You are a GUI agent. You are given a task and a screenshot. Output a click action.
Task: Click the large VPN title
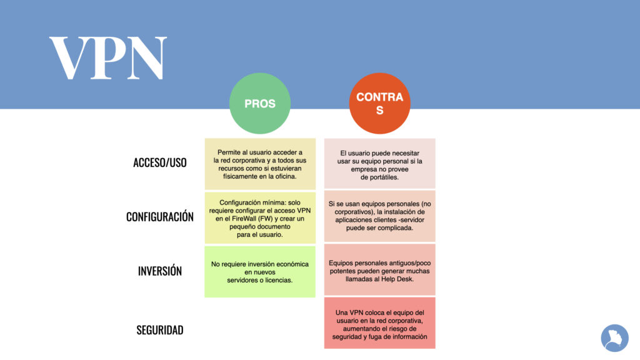(x=108, y=58)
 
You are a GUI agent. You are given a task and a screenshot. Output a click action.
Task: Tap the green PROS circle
(x=260, y=103)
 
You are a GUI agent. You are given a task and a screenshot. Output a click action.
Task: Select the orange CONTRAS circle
(x=379, y=103)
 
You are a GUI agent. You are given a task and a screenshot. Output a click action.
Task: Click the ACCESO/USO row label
(x=160, y=162)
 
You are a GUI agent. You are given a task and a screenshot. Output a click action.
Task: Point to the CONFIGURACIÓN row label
(x=160, y=217)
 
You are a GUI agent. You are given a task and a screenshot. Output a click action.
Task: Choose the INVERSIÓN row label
(x=160, y=271)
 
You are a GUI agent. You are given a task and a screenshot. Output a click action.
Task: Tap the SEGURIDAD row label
(x=160, y=330)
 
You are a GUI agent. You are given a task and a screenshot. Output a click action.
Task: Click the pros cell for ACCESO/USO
(x=260, y=164)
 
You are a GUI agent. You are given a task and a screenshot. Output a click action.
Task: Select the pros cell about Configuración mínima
(x=260, y=218)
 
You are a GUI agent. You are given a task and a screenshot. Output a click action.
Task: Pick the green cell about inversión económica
(x=260, y=271)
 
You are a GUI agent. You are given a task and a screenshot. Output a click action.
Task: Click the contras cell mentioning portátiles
(x=379, y=163)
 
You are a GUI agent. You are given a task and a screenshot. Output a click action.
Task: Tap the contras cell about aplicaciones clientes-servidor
(x=379, y=216)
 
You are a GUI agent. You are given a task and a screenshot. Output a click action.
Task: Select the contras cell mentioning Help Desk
(x=379, y=269)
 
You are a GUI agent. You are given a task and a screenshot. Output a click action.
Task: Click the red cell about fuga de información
(x=379, y=323)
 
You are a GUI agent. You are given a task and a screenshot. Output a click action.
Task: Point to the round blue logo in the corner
(x=615, y=338)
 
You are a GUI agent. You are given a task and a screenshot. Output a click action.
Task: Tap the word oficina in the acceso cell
(x=284, y=176)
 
